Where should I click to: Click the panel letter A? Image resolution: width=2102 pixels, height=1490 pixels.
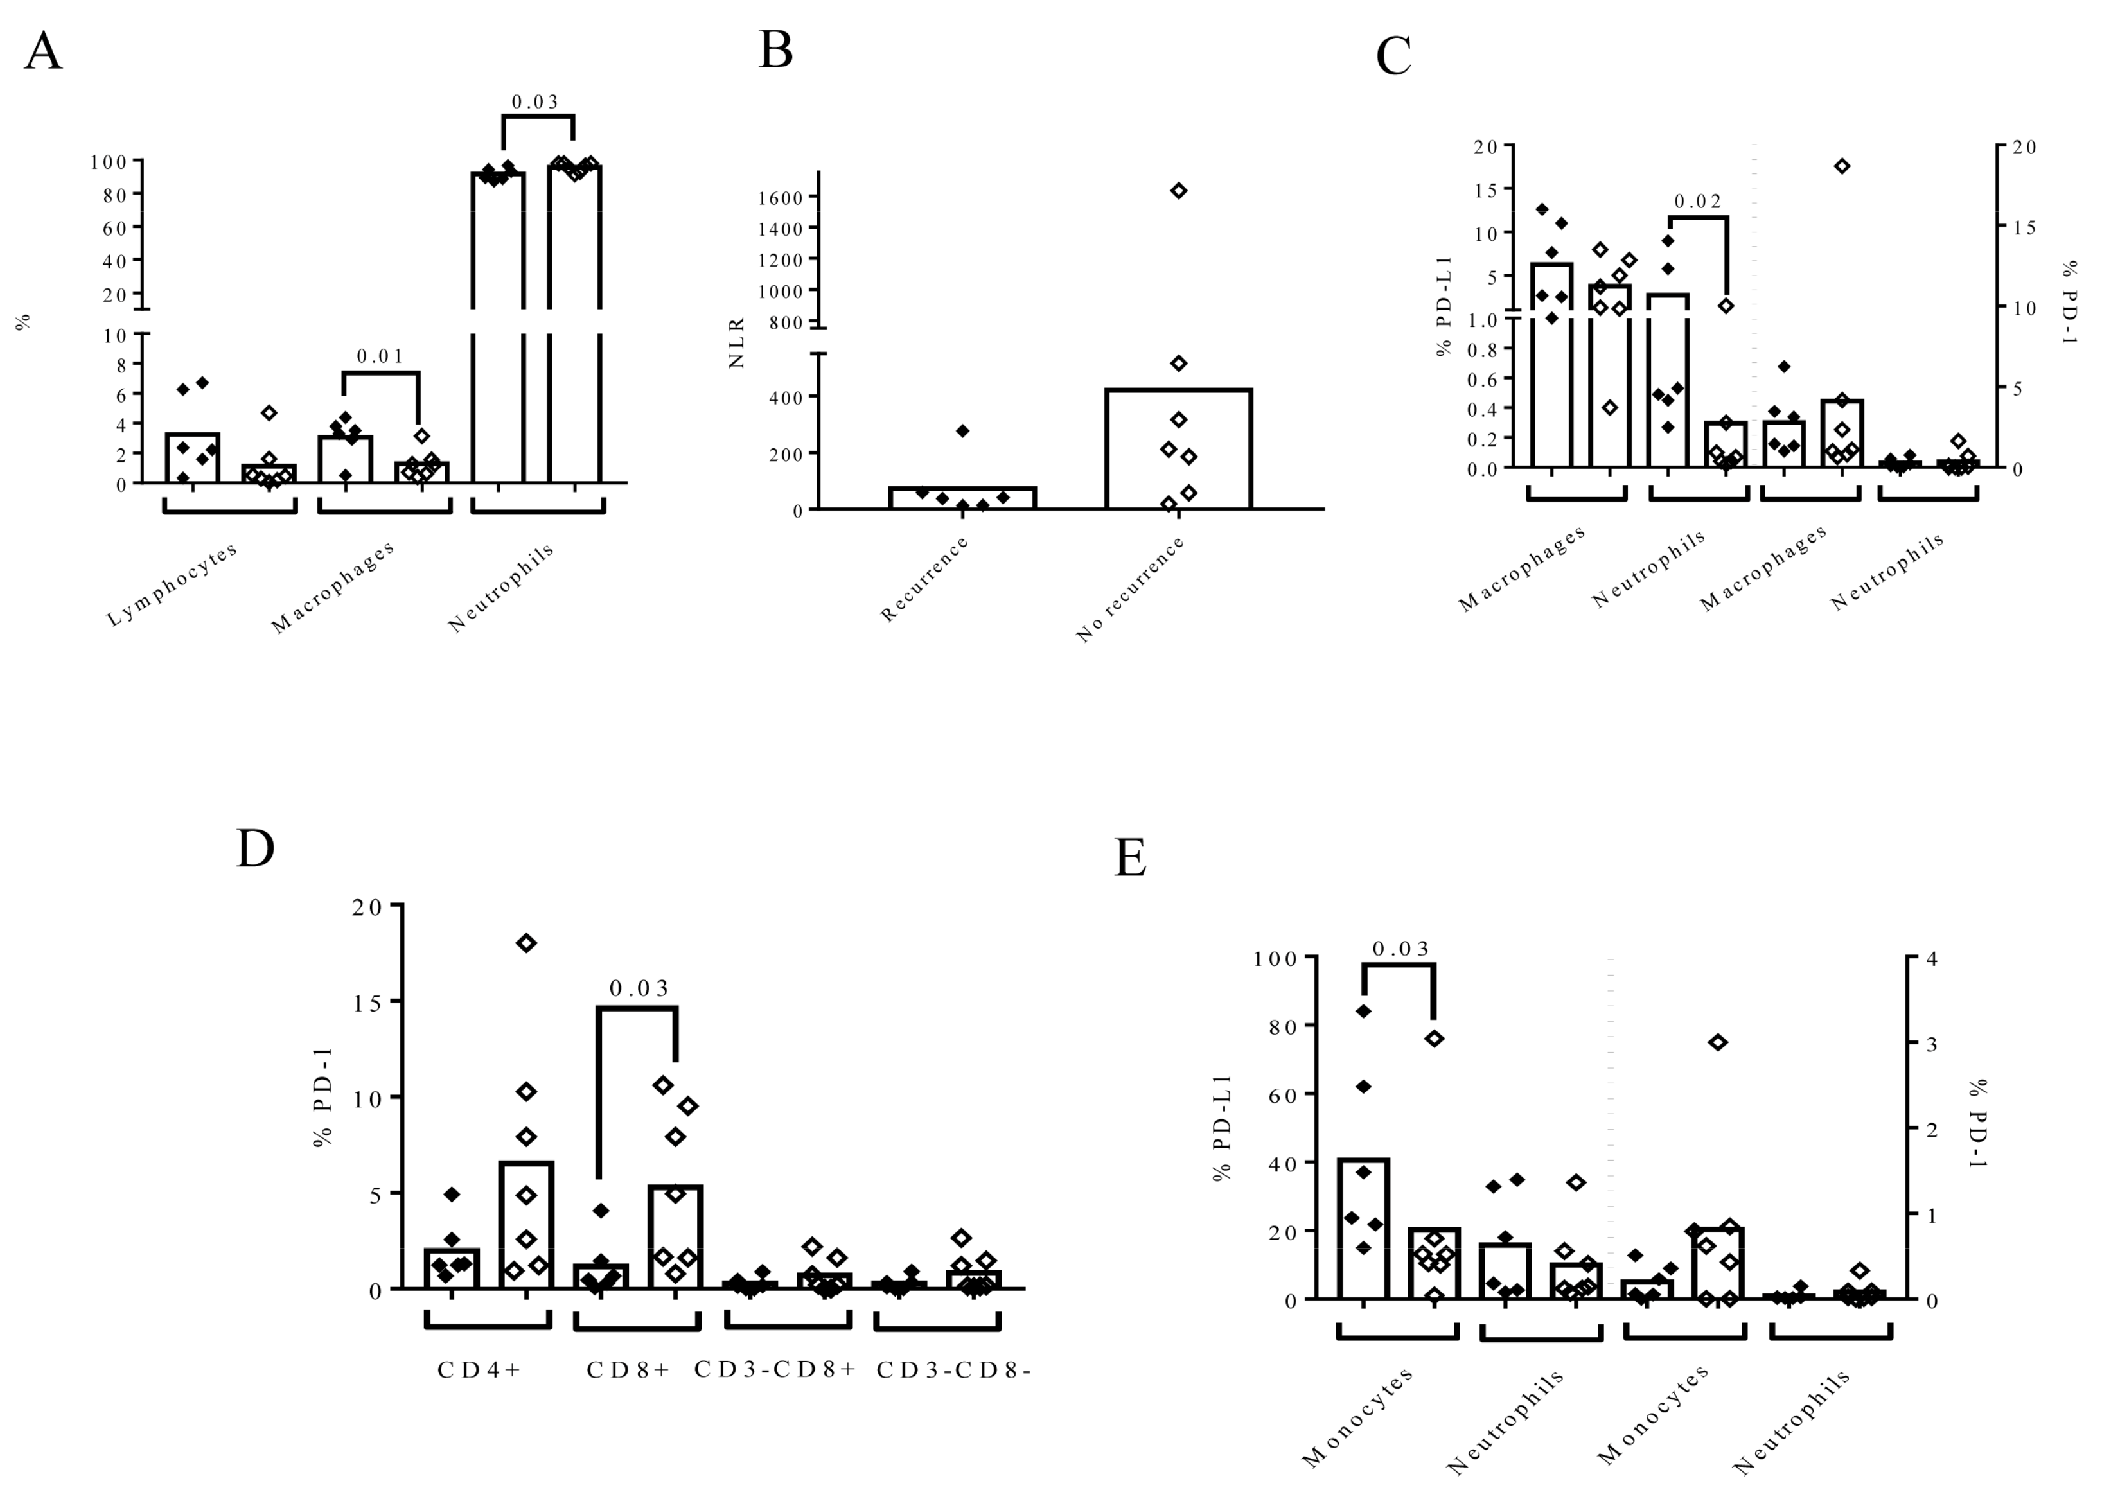43,51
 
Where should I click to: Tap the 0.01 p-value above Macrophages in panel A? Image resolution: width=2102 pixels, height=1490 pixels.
380,356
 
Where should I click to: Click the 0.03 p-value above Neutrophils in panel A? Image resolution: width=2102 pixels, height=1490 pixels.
535,102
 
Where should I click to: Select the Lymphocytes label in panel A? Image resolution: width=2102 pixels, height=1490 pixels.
173,584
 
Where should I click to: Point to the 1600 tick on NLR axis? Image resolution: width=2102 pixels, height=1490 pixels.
780,197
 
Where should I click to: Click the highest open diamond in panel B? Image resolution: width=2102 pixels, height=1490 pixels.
1179,191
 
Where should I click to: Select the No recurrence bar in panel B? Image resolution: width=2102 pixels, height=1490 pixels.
1179,449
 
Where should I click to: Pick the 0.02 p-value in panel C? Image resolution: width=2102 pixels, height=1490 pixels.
1697,201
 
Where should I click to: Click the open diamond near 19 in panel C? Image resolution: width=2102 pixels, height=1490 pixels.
1841,166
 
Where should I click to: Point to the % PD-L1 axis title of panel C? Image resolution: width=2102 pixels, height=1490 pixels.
1445,306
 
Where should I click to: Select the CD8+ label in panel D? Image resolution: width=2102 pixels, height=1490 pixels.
628,1370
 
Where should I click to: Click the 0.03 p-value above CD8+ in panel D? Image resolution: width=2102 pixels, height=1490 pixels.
639,988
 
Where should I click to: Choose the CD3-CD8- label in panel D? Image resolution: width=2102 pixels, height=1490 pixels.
954,1370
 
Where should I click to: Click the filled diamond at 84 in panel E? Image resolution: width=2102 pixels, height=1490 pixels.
1363,1011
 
